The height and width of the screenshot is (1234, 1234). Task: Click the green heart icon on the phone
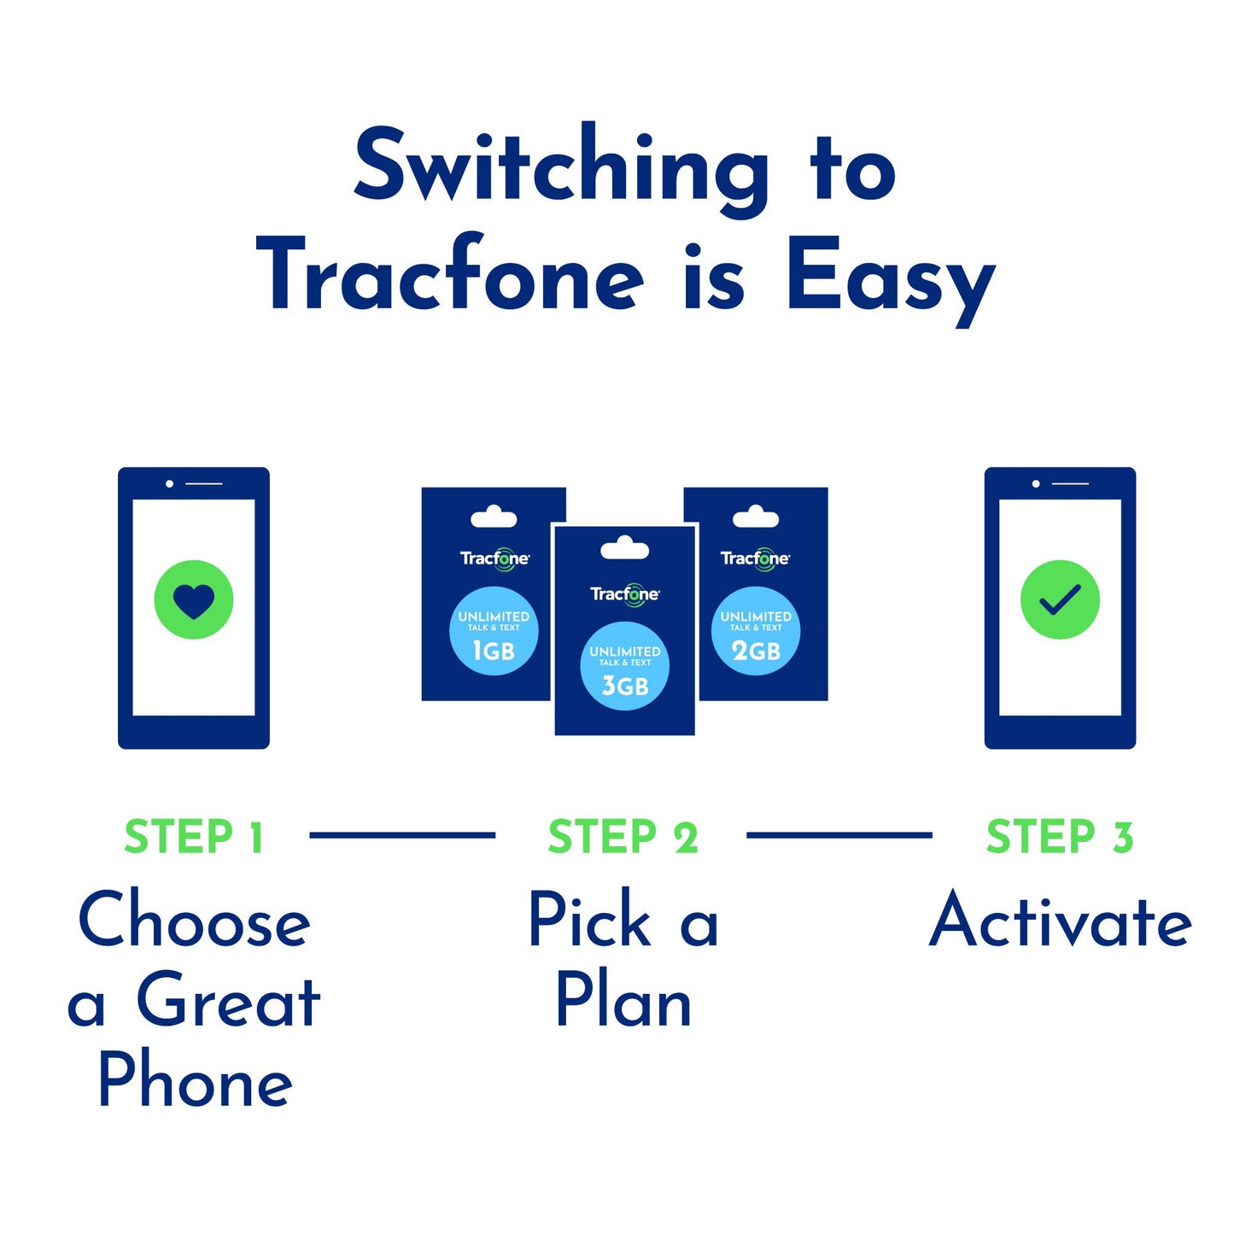[x=193, y=599]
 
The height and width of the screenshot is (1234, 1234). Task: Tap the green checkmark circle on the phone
[x=1060, y=599]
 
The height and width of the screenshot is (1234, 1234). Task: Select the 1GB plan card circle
[x=494, y=631]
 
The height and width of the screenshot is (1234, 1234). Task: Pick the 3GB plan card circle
[x=624, y=666]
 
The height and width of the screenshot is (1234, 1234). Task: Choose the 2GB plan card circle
[x=756, y=631]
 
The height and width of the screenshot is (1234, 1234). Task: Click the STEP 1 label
[x=194, y=837]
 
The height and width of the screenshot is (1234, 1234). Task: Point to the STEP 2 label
[x=623, y=837]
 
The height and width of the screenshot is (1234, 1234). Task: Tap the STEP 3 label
[x=1060, y=837]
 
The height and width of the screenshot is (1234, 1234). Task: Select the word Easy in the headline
[x=890, y=278]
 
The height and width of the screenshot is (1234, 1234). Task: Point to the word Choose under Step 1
[x=194, y=921]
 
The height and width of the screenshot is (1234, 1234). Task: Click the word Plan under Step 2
[x=623, y=1001]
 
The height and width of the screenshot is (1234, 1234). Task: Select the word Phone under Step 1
[x=196, y=1080]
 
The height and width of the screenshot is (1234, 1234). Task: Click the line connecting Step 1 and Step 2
[x=401, y=835]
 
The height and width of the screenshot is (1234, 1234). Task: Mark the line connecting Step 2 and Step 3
[x=839, y=835]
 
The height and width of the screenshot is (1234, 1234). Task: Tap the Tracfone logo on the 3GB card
[x=624, y=594]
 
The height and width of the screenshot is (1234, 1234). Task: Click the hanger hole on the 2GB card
[x=756, y=517]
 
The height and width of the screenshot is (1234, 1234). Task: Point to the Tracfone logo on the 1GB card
[x=494, y=559]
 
